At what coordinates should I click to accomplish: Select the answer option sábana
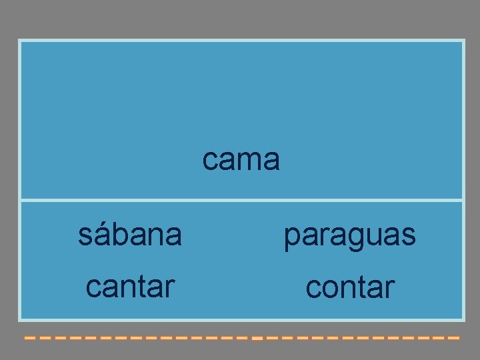(129, 235)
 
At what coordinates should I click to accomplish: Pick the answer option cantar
(130, 286)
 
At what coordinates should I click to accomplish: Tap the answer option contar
(350, 287)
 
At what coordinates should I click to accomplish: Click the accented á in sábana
(102, 234)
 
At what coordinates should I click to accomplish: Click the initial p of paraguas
(291, 237)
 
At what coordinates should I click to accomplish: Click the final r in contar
(390, 288)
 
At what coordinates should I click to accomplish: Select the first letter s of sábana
(85, 235)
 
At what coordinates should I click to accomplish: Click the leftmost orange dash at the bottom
(29, 338)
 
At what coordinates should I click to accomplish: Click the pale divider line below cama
(241, 199)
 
